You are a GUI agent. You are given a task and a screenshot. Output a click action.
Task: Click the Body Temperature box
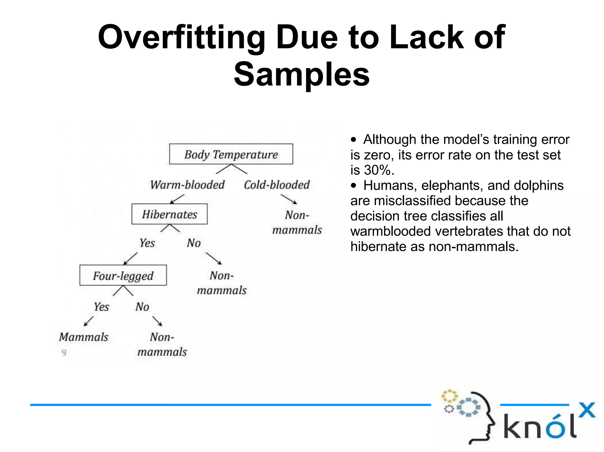point(231,154)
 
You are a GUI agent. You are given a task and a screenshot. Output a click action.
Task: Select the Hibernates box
point(169,214)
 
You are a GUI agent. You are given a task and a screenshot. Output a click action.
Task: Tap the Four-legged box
point(123,276)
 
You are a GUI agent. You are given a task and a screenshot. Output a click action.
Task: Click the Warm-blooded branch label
point(187,185)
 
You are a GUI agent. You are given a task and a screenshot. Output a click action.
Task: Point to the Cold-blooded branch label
point(277,185)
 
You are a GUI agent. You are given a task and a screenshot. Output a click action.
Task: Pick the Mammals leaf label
point(84,337)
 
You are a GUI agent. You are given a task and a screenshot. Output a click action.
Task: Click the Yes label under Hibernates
point(147,243)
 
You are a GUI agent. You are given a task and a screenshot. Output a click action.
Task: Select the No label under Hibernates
point(193,243)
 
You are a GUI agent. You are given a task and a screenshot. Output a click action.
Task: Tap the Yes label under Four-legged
point(101,307)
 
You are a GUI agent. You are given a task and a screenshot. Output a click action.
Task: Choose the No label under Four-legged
point(142,307)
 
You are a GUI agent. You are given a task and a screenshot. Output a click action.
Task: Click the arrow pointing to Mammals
point(88,321)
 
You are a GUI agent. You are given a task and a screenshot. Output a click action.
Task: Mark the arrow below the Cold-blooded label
point(288,199)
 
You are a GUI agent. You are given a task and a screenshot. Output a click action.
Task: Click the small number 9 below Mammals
point(64,352)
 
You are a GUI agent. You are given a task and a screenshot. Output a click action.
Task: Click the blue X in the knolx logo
point(587,410)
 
